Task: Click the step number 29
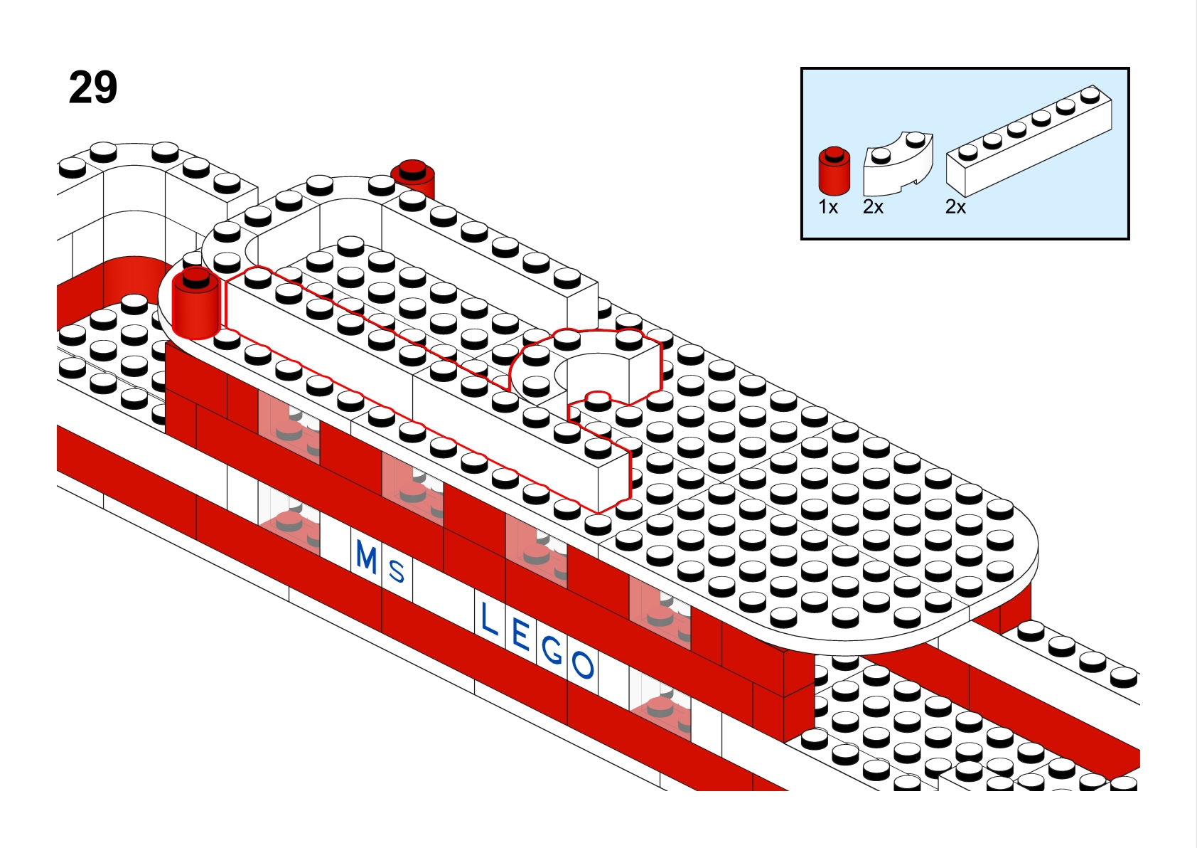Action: tap(93, 88)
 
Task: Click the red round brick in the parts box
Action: tap(834, 173)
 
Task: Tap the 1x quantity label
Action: tap(828, 207)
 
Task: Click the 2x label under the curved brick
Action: tap(873, 207)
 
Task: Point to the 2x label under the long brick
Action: tap(955, 207)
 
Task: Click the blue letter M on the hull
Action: tap(367, 557)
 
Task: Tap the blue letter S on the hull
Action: tap(397, 571)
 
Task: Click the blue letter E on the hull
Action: tap(520, 635)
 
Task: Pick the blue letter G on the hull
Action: tap(552, 650)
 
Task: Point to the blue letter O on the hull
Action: tap(583, 665)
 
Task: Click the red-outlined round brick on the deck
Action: tap(195, 309)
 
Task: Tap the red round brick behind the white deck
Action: tap(414, 178)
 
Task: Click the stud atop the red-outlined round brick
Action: tap(195, 279)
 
